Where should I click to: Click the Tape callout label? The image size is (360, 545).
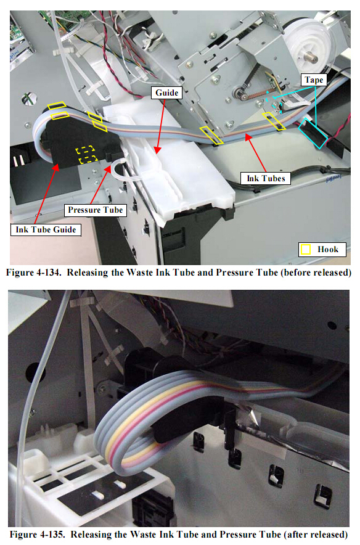pos(314,80)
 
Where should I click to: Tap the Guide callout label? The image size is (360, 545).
pos(166,93)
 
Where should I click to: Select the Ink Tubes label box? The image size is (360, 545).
pos(266,178)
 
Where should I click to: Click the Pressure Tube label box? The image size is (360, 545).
pos(95,210)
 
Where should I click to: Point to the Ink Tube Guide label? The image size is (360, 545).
pos(46,230)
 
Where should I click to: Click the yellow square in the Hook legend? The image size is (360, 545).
pos(306,250)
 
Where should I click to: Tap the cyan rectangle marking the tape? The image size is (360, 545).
pos(313,133)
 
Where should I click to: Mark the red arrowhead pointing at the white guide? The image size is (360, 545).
pos(158,150)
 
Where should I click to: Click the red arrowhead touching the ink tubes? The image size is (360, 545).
pos(248,137)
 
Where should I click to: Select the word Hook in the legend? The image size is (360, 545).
pos(328,250)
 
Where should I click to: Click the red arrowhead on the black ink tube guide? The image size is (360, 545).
pos(56,167)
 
